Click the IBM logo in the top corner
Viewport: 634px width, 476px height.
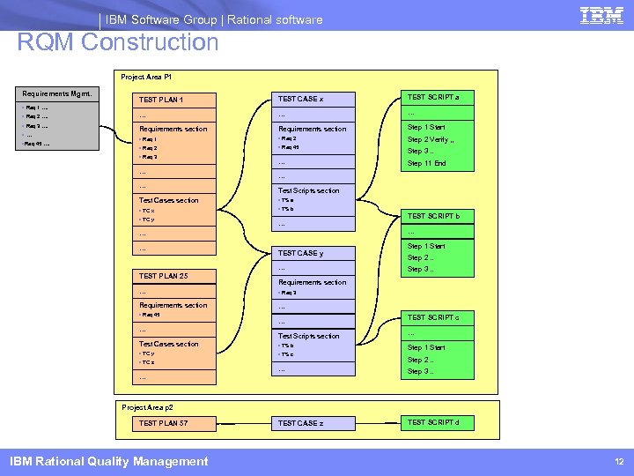pyautogui.click(x=602, y=16)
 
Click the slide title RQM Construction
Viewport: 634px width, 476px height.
pyautogui.click(x=118, y=42)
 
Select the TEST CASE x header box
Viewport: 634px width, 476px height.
pyautogui.click(x=314, y=99)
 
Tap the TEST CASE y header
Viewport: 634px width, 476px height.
pyautogui.click(x=314, y=253)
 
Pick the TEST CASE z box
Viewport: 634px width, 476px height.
pyautogui.click(x=314, y=423)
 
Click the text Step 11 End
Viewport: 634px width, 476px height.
pyautogui.click(x=427, y=163)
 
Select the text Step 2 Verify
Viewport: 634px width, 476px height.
pyautogui.click(x=431, y=139)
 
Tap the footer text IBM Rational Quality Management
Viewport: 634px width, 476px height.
pyautogui.click(x=108, y=461)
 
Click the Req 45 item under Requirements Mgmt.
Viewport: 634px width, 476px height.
pyautogui.click(x=37, y=143)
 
